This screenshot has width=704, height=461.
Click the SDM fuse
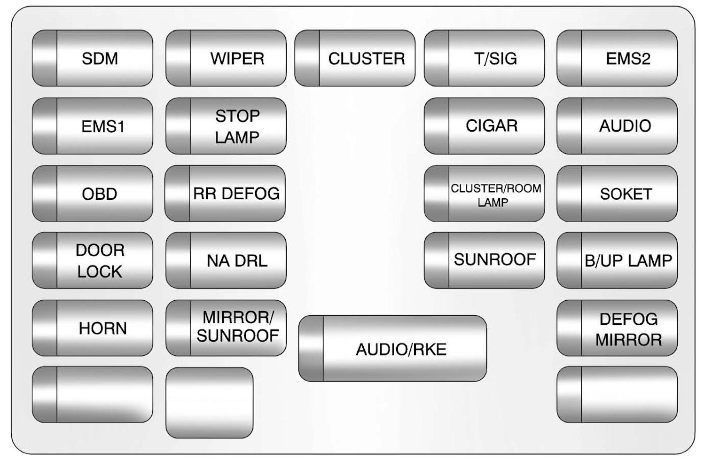pos(93,58)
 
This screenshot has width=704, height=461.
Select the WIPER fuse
pos(226,58)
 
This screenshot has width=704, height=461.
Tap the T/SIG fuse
pos(485,58)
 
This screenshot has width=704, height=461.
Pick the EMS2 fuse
pos(617,58)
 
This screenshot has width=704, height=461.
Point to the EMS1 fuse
pos(93,126)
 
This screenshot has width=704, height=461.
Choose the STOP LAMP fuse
pos(226,126)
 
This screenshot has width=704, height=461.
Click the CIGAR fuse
pos(485,126)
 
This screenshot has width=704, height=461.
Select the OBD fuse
pos(93,194)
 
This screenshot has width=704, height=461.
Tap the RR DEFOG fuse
pos(225,194)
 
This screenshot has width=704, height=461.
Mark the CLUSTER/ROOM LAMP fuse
pos(485,194)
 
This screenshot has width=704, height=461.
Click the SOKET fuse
pos(617,194)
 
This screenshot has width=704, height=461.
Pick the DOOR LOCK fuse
pos(93,260)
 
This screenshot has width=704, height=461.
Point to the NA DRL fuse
pos(226,260)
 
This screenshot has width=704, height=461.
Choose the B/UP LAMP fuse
pos(617,260)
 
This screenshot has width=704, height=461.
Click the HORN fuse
pos(93,328)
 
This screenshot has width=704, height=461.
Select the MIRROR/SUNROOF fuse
pos(226,328)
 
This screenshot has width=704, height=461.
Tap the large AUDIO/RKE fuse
pos(392,349)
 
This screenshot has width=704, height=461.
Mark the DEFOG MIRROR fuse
pos(617,328)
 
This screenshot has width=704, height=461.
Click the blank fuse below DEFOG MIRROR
pos(617,395)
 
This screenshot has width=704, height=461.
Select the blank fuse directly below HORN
pos(93,395)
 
